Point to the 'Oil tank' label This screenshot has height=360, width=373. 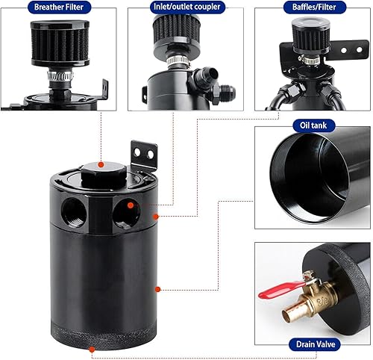click(313, 125)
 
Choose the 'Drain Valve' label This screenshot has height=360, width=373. click(313, 345)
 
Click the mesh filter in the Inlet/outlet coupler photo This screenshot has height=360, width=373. click(175, 30)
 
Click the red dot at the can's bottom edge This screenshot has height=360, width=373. click(92, 349)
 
